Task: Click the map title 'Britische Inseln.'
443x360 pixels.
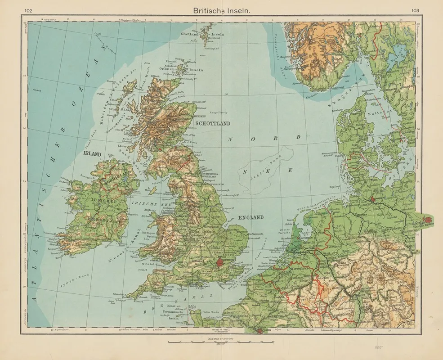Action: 221,9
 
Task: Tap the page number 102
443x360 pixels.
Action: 28,10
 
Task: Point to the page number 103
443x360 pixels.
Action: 414,10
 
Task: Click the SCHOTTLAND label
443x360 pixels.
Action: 212,123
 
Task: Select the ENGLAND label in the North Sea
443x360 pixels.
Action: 251,217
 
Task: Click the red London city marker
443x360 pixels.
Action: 220,263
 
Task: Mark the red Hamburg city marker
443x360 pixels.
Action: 373,198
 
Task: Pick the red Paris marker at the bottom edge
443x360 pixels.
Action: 261,332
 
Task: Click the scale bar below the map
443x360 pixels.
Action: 220,342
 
